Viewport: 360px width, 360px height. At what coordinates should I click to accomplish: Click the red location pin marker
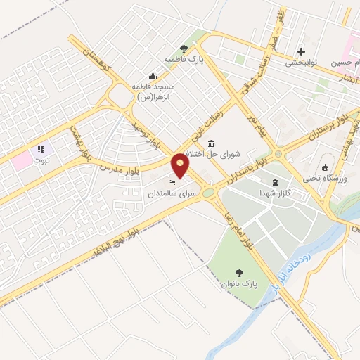pos(181,165)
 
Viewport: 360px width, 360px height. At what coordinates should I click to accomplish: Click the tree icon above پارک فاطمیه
pos(184,49)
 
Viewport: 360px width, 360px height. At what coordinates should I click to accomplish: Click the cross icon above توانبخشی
pos(302,51)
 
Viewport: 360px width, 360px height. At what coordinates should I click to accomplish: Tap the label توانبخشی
pos(302,62)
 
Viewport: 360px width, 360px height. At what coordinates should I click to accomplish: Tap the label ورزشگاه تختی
pos(326,178)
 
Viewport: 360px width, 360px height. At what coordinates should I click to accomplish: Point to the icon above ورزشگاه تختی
pos(325,167)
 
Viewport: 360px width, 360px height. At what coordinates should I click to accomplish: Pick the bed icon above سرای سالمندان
pos(172,182)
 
